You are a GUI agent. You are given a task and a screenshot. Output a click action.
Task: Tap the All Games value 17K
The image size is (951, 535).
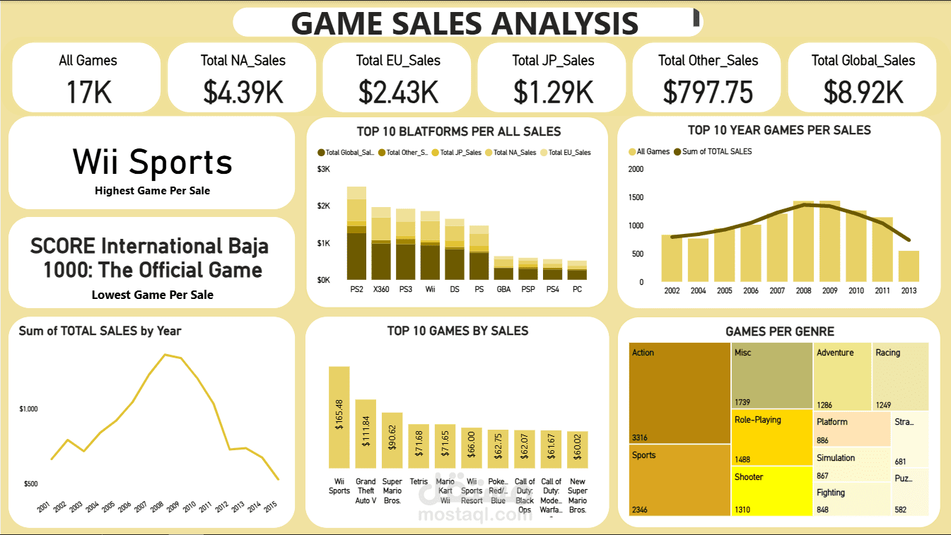click(x=88, y=93)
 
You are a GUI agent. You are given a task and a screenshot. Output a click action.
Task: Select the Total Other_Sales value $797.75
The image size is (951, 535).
click(x=708, y=93)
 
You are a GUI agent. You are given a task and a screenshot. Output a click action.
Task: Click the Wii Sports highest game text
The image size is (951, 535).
click(x=153, y=162)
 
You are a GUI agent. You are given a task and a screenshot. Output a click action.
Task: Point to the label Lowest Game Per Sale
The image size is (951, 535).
click(x=153, y=295)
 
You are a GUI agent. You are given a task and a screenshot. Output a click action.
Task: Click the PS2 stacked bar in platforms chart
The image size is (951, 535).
click(x=356, y=233)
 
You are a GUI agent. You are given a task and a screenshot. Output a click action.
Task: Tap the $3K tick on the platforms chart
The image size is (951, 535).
click(x=323, y=169)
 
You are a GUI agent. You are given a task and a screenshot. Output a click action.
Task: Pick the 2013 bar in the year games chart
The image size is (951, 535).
click(x=909, y=266)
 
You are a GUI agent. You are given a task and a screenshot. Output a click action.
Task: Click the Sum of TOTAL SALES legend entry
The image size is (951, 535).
click(x=717, y=151)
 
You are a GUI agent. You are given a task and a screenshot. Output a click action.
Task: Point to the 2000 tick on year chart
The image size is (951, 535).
click(x=636, y=169)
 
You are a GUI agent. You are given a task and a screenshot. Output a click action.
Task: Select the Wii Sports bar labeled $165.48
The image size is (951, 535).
click(x=339, y=417)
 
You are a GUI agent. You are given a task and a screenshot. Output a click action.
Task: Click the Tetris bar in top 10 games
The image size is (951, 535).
click(x=419, y=446)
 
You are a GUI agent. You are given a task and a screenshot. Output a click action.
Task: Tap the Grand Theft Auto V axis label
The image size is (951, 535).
click(x=366, y=491)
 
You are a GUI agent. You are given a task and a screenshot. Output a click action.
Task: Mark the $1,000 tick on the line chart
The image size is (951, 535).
click(x=28, y=409)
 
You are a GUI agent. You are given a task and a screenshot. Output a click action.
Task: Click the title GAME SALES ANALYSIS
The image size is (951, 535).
click(x=465, y=23)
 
